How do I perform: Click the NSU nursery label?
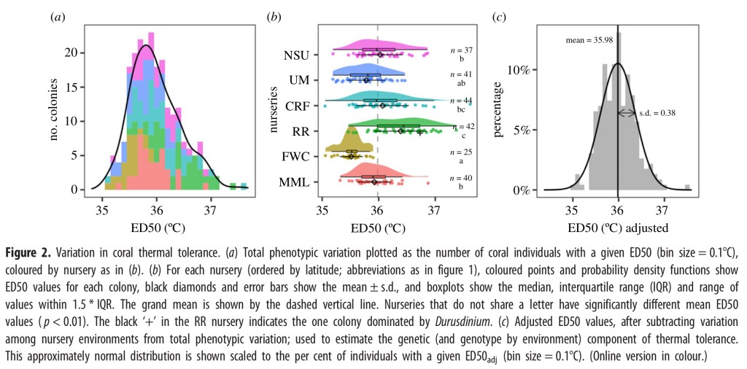click(297, 55)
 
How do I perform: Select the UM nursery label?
click(299, 80)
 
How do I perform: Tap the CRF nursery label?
click(297, 106)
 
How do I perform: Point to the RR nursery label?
click(301, 131)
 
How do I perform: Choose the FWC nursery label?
click(295, 156)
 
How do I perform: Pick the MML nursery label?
click(295, 182)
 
